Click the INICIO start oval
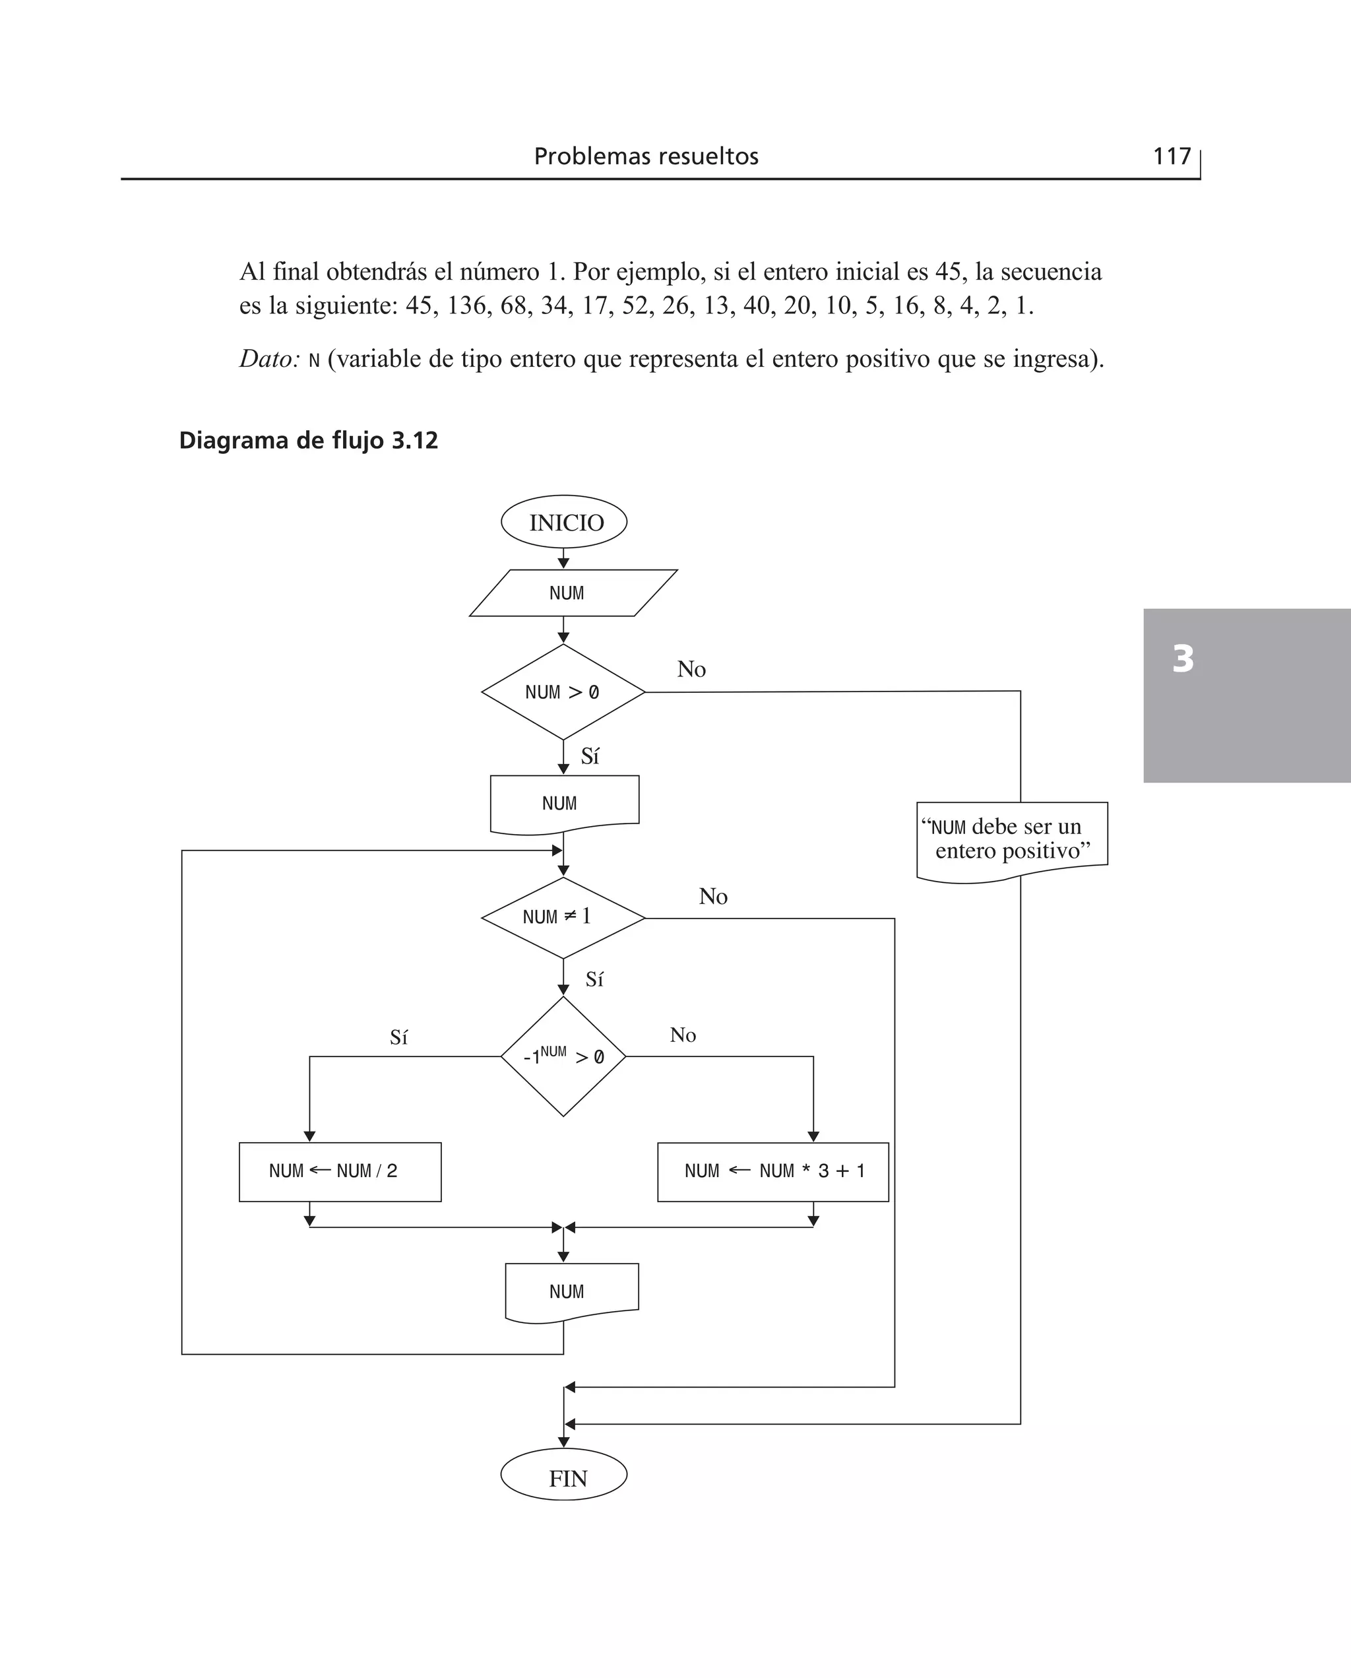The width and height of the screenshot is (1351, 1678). click(564, 522)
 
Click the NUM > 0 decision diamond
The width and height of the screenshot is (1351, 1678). click(563, 692)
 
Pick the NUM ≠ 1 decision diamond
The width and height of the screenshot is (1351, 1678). click(563, 918)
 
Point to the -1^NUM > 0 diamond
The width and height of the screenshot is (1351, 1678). click(563, 1057)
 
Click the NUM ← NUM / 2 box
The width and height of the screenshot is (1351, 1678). click(340, 1171)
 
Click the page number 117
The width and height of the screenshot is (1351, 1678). click(1171, 156)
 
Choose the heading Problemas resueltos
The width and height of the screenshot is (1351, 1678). click(646, 156)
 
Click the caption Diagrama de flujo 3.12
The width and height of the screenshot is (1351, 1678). click(308, 441)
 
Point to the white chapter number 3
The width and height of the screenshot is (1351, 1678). click(1183, 659)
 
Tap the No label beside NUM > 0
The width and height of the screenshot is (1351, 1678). click(691, 669)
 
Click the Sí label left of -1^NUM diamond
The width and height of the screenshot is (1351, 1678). click(398, 1037)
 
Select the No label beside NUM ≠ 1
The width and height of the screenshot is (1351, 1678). click(713, 897)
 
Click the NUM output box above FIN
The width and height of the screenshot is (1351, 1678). click(572, 1291)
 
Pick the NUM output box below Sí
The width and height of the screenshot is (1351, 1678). click(564, 803)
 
